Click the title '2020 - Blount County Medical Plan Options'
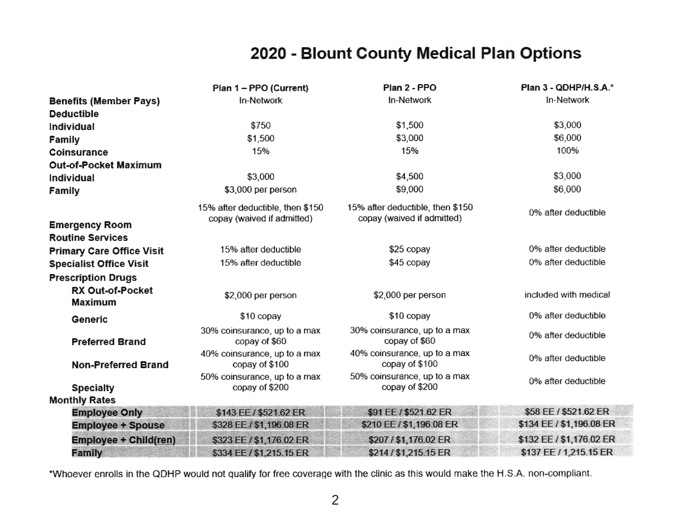click(x=416, y=53)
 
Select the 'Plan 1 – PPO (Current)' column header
click(x=260, y=88)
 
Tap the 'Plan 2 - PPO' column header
click(x=409, y=87)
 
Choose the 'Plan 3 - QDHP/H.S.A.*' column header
click(x=567, y=87)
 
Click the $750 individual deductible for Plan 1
click(x=260, y=125)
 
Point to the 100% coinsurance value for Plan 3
click(x=567, y=151)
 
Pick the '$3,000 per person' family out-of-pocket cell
click(x=260, y=190)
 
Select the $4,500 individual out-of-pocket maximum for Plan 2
click(x=409, y=176)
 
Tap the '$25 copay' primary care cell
click(x=409, y=249)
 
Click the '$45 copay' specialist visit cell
click(x=409, y=262)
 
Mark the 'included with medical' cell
click(x=567, y=295)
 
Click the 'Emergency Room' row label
click(x=91, y=225)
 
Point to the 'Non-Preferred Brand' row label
click(x=120, y=365)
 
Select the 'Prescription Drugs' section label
click(x=93, y=278)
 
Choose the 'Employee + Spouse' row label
click(x=118, y=426)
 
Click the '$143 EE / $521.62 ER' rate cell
click(x=260, y=412)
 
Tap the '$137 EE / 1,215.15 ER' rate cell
click(x=567, y=452)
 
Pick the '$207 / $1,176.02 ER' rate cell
click(x=409, y=440)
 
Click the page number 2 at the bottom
click(x=335, y=500)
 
